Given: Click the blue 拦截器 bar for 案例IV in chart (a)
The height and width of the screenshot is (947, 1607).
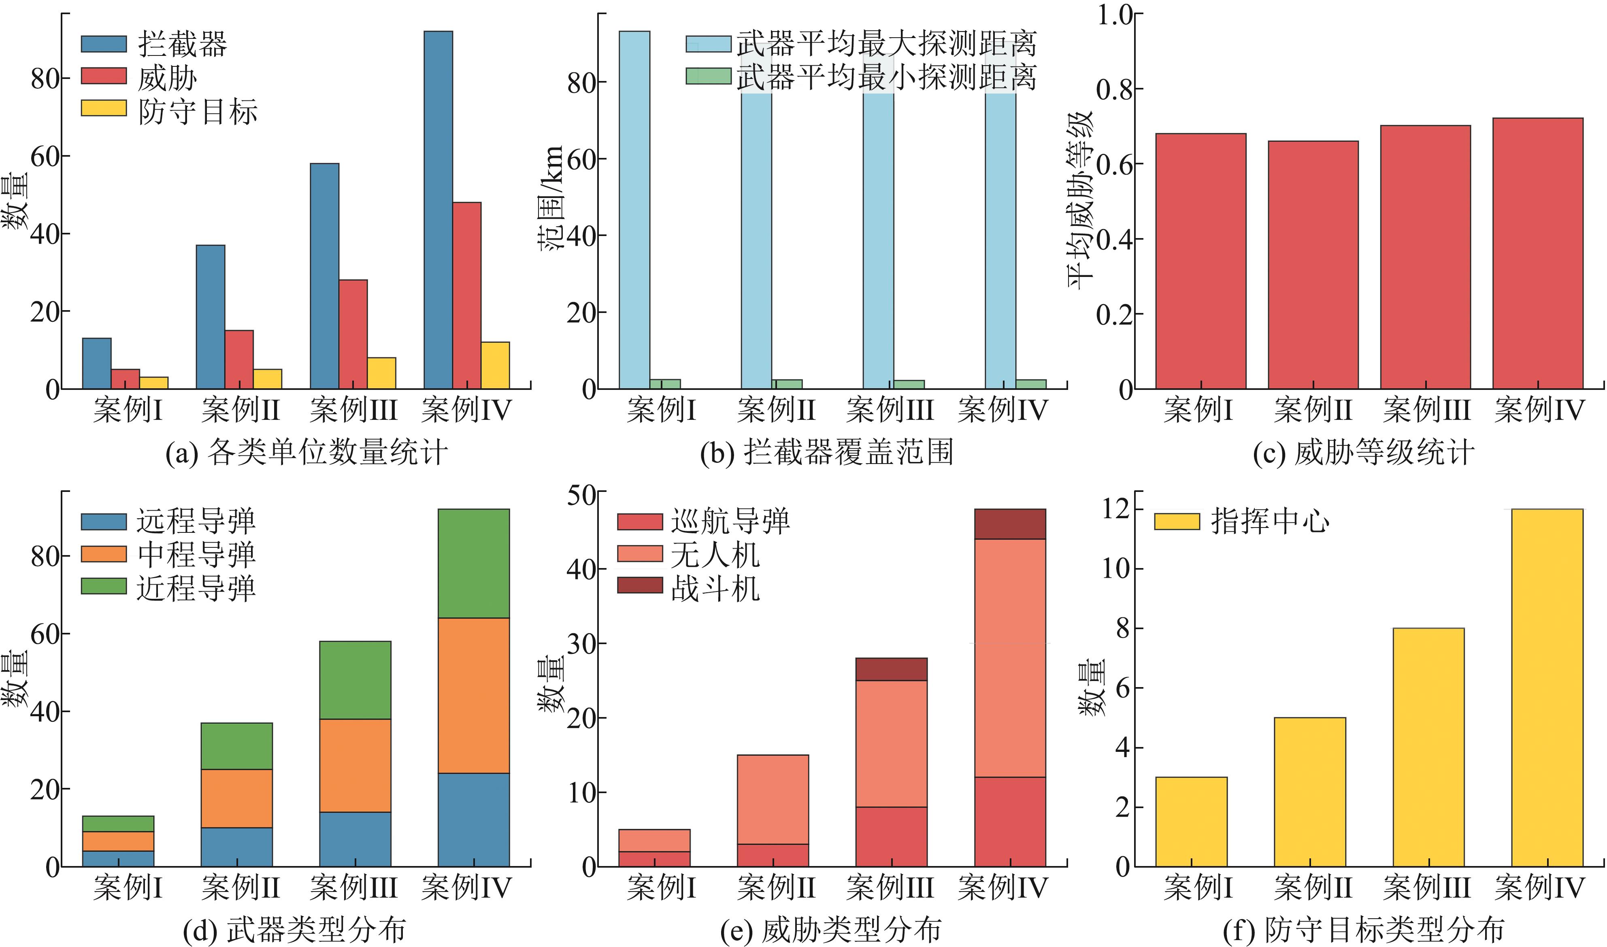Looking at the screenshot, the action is (438, 210).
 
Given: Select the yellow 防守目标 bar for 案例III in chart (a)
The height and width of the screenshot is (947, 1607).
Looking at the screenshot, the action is (381, 373).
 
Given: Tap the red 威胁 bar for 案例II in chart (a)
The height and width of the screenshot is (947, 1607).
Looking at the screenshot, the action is (239, 359).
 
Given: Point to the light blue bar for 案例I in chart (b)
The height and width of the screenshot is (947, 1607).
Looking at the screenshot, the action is (635, 210).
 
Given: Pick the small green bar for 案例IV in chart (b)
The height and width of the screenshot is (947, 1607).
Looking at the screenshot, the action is (1031, 384).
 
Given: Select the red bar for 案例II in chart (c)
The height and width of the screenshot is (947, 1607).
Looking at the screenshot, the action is (1313, 265).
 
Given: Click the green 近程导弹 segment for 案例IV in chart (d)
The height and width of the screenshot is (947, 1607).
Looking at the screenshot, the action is (474, 564).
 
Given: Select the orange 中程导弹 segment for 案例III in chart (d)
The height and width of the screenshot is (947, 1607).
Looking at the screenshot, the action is (355, 766).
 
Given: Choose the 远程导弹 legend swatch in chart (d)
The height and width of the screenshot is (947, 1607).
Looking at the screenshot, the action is (104, 522).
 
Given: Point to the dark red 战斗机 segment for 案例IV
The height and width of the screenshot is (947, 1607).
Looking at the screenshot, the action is (1011, 524).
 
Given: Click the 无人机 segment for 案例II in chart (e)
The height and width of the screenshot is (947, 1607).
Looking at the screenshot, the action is (773, 800).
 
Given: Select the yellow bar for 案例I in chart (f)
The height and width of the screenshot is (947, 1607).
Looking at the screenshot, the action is (1192, 822).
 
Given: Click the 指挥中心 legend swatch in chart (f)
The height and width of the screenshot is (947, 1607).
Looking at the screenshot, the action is (1177, 522).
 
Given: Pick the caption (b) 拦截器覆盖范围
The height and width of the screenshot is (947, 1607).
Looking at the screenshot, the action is (827, 452).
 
